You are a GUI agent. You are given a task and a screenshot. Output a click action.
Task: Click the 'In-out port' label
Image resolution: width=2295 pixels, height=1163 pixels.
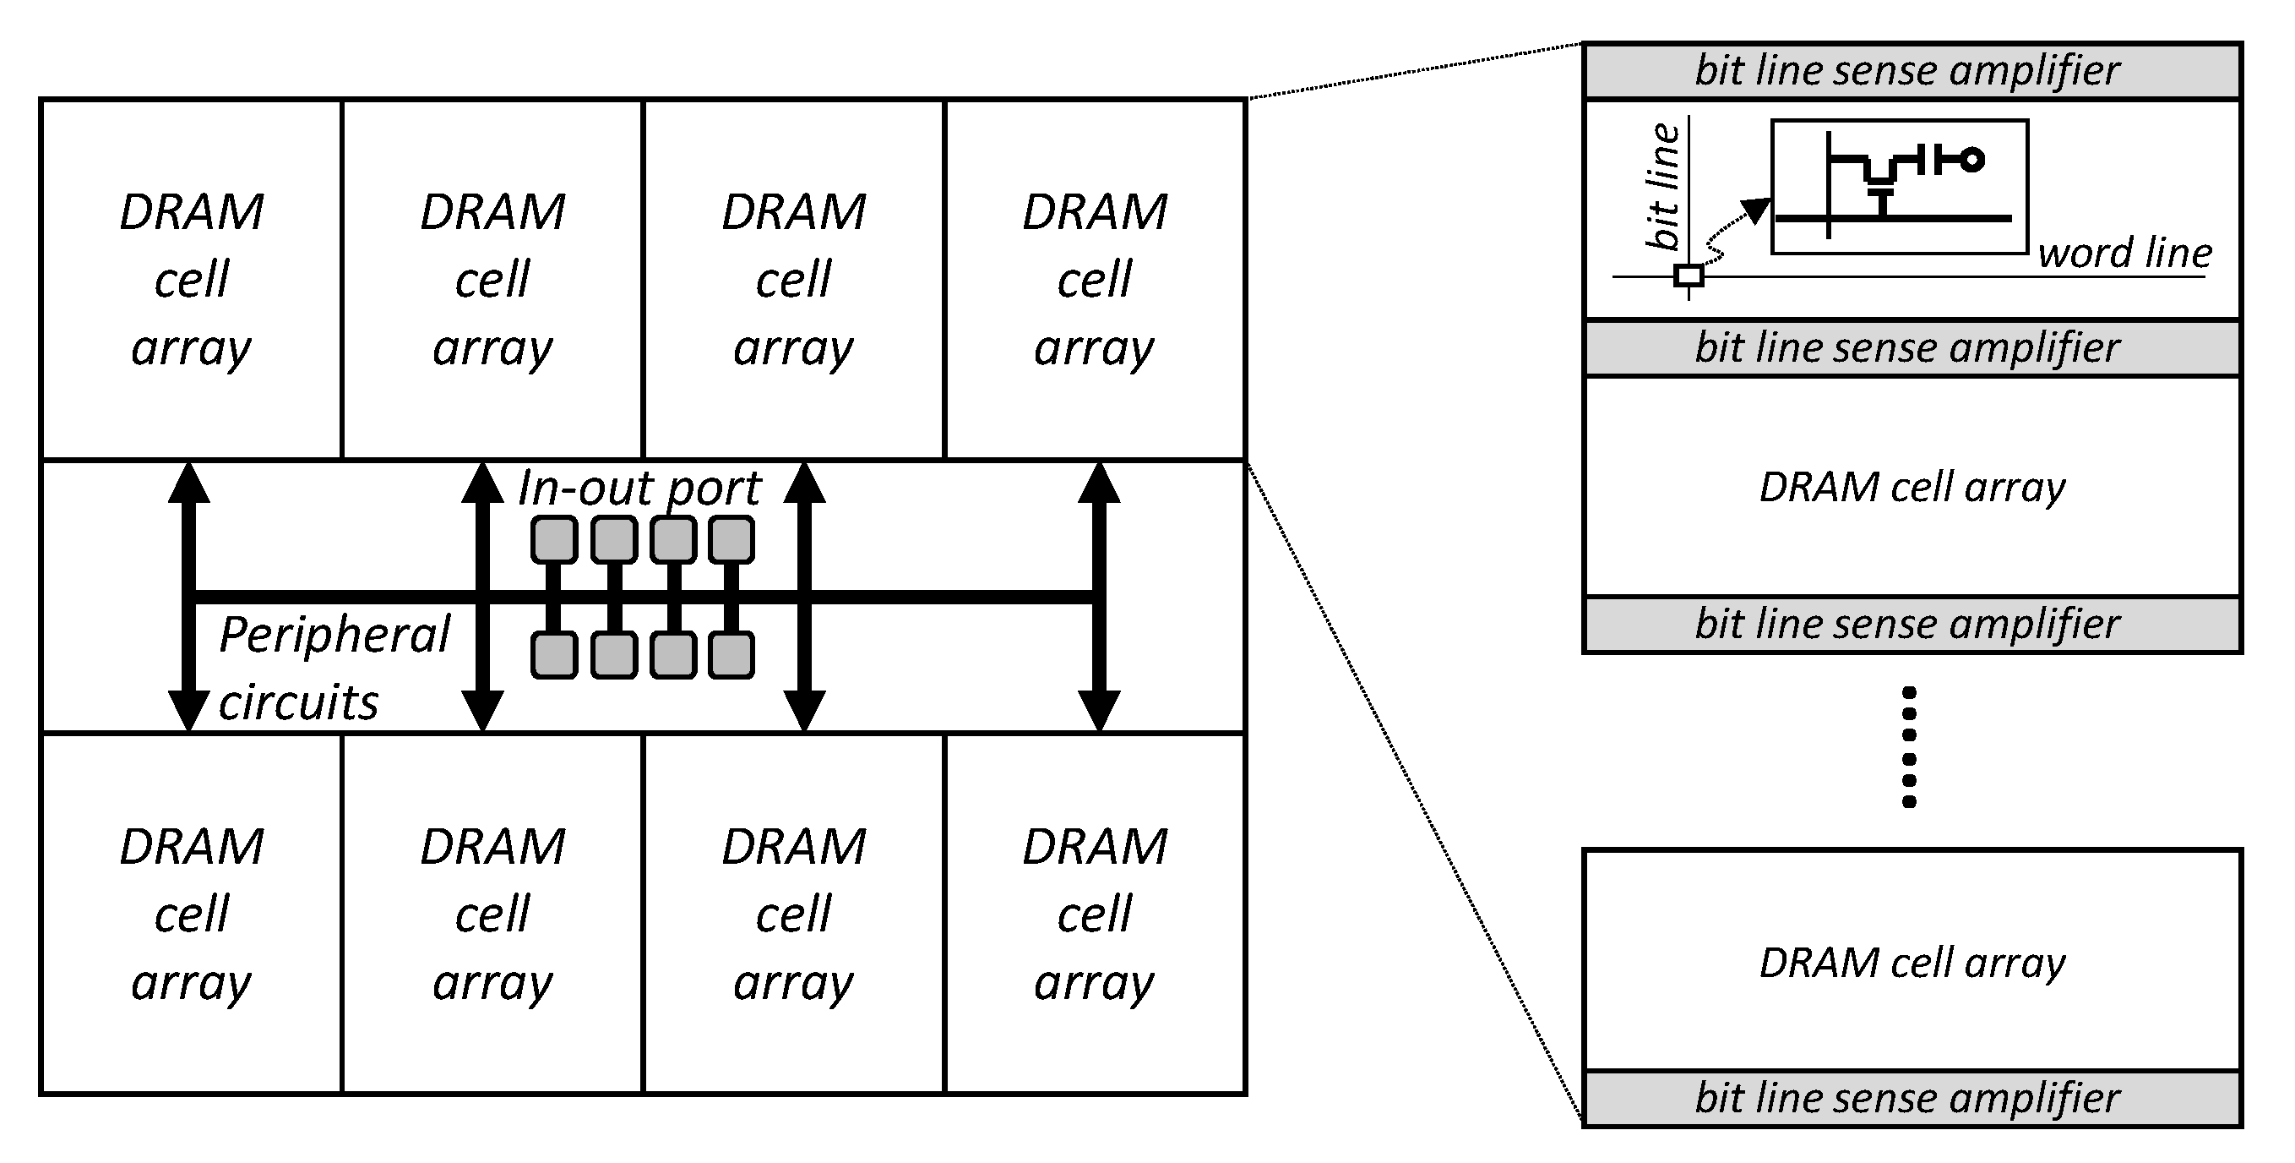(x=639, y=489)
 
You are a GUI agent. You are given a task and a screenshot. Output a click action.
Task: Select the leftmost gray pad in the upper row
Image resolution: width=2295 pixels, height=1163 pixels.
(x=554, y=540)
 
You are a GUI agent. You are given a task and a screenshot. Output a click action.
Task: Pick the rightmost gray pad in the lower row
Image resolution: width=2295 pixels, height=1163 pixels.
(x=731, y=655)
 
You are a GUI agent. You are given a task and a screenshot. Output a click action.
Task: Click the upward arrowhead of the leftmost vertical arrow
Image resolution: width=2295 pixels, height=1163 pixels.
(x=189, y=483)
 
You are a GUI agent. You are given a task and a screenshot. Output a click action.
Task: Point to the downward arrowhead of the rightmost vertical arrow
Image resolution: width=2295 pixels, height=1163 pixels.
(x=1098, y=710)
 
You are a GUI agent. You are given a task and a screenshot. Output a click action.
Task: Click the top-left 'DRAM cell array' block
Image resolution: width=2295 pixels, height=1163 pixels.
(x=191, y=279)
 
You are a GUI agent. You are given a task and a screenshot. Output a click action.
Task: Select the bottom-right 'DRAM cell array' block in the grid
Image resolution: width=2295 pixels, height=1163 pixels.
(x=1094, y=914)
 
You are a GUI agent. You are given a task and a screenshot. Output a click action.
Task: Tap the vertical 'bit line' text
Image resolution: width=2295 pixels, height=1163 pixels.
(x=1662, y=187)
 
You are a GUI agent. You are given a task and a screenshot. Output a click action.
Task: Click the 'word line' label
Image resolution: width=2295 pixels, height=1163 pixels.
(x=2125, y=253)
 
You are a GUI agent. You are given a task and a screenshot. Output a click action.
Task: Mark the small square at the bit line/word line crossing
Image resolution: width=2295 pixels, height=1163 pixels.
(x=1689, y=276)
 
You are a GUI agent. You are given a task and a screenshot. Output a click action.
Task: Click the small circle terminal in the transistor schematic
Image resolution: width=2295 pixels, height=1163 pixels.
(x=1972, y=161)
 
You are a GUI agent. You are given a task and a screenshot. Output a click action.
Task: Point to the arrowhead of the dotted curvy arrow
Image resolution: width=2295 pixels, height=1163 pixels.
(x=1757, y=210)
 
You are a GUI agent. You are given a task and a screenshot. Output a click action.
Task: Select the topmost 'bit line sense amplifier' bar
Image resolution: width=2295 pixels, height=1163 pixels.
(x=1912, y=70)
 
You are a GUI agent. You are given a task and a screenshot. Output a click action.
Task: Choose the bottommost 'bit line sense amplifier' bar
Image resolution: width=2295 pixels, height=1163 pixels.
(x=1912, y=1098)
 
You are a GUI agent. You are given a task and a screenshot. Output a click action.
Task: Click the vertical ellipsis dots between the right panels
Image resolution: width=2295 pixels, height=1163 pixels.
(x=1908, y=747)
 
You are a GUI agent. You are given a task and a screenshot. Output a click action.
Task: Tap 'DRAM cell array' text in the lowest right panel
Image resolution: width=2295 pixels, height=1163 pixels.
(x=1912, y=963)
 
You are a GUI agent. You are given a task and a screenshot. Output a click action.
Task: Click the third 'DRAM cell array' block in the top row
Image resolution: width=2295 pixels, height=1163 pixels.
(x=793, y=279)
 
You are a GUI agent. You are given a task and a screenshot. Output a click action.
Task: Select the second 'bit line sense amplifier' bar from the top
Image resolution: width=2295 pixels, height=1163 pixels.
(x=1912, y=347)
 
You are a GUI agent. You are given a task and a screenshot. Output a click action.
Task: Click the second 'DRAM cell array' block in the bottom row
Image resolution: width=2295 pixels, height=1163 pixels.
(x=492, y=914)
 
